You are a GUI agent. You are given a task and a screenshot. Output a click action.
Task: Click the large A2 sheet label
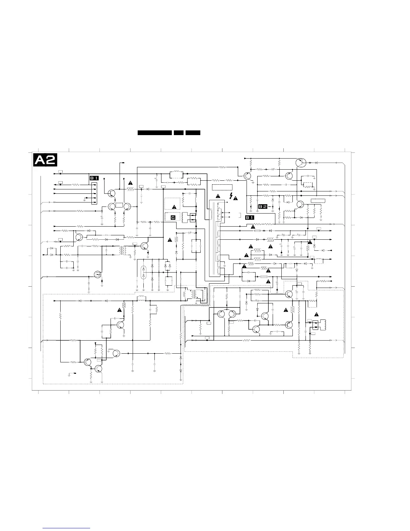45,160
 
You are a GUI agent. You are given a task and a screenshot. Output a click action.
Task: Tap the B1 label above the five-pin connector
94,178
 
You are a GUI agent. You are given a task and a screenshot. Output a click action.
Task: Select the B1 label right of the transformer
250,217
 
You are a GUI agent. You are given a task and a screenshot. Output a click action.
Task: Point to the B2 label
263,206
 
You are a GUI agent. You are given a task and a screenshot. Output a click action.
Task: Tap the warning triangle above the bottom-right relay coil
317,314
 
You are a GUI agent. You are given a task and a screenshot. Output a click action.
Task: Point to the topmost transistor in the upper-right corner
301,163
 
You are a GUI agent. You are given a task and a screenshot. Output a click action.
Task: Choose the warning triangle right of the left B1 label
130,183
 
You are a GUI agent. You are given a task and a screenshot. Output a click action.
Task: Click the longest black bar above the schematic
155,133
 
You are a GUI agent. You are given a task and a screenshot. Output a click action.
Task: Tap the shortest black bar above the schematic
179,133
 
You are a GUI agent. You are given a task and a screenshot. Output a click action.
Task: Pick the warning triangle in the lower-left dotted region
120,310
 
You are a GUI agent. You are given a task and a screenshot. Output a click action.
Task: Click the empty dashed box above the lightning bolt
222,187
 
